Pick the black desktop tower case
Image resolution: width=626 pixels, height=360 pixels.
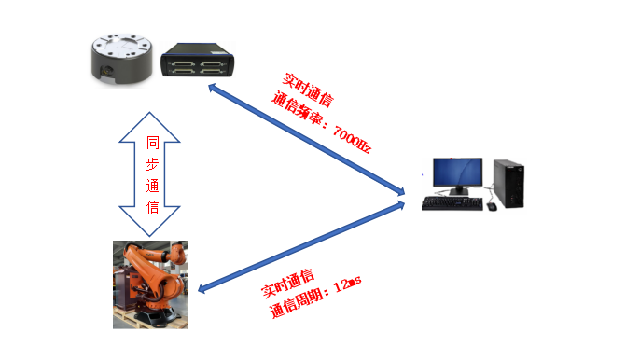click(508, 183)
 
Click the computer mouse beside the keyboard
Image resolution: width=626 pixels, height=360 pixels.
click(492, 206)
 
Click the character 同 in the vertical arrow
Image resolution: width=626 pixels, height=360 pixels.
click(153, 145)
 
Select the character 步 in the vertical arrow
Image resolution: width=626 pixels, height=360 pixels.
click(153, 166)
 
